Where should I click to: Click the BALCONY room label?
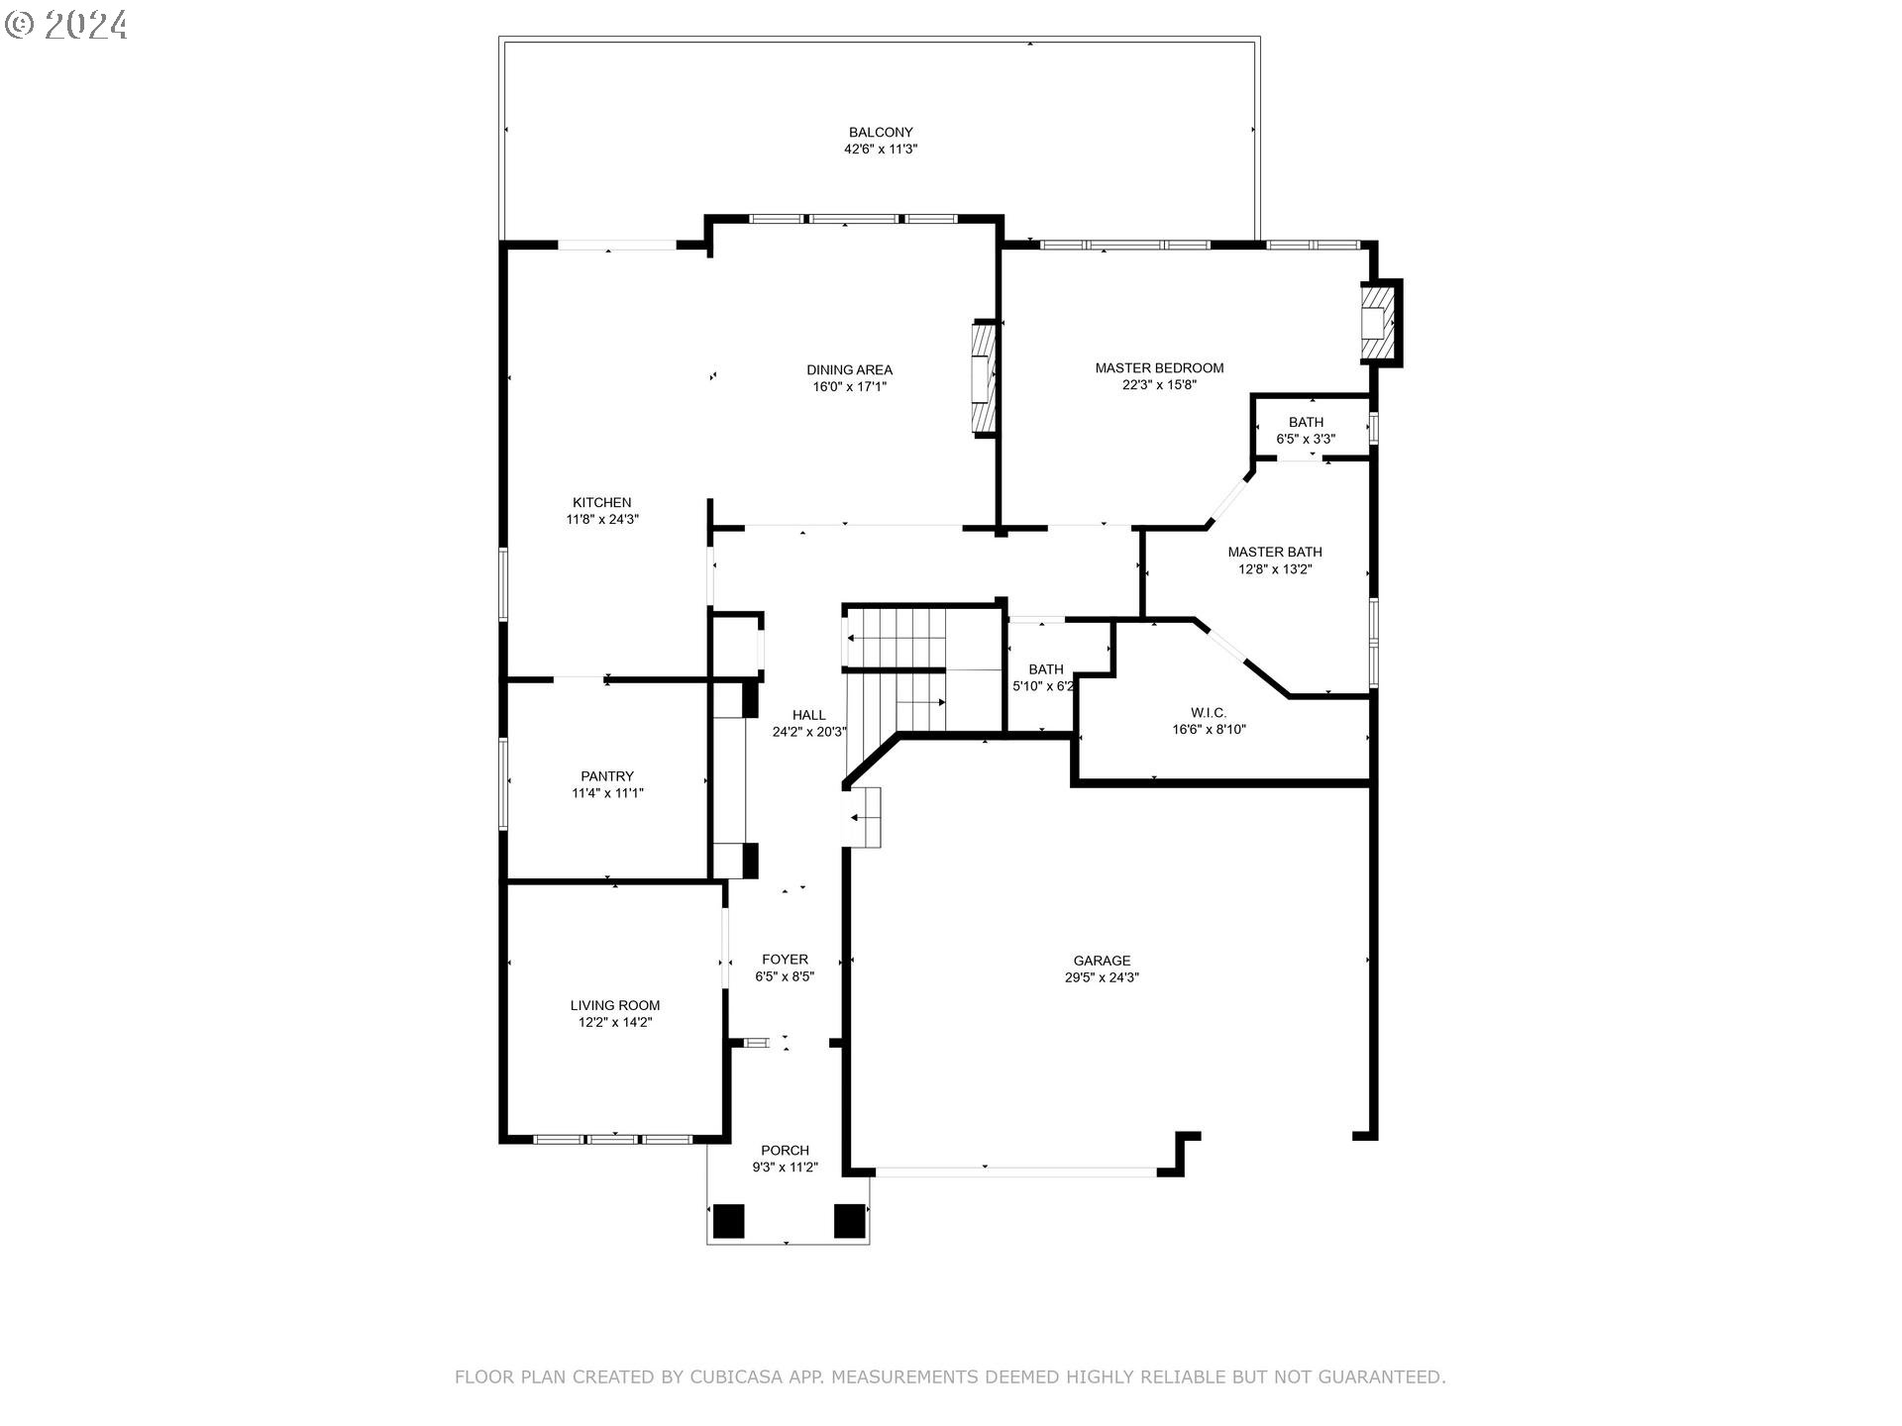click(x=880, y=133)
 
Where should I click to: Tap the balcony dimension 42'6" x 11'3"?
click(x=880, y=150)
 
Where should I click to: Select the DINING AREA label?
click(x=849, y=370)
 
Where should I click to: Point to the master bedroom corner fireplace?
click(x=1380, y=323)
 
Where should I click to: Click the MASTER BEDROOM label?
click(x=1159, y=368)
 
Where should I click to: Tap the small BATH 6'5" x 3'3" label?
click(x=1306, y=423)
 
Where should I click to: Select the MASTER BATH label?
click(x=1274, y=553)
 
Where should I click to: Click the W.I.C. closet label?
click(x=1209, y=713)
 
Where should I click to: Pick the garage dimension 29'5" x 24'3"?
click(x=1102, y=977)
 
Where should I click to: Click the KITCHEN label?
click(x=601, y=503)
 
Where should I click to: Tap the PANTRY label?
click(x=607, y=776)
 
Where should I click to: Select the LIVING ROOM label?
click(x=614, y=1005)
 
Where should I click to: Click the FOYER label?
click(x=785, y=960)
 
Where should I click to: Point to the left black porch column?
click(x=728, y=1220)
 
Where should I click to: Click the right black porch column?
click(x=849, y=1220)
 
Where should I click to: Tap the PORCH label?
click(x=785, y=1151)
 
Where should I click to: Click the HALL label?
click(x=808, y=715)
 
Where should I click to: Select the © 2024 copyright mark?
click(x=66, y=24)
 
